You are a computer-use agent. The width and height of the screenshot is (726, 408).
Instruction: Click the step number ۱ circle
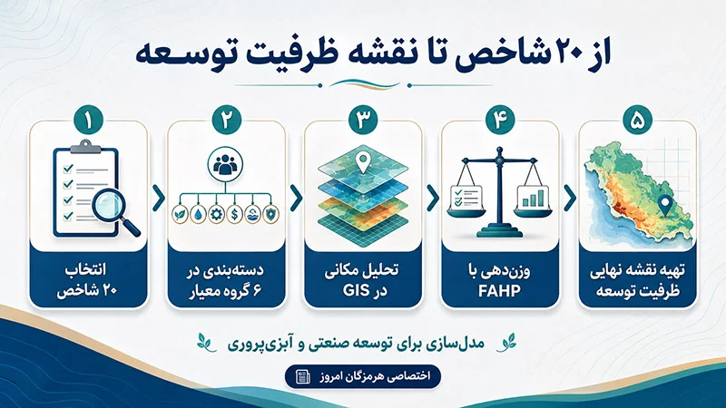point(88,120)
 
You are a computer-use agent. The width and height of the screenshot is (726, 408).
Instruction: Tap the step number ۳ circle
point(363,120)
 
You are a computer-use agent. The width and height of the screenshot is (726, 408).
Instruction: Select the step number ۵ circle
point(638,120)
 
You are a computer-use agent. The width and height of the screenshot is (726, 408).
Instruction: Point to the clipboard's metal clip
point(85,147)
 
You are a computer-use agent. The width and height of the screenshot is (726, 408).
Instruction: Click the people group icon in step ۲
point(225,164)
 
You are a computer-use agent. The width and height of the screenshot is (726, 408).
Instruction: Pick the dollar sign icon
point(235,214)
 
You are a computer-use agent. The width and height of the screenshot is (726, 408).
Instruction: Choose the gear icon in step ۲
point(216,214)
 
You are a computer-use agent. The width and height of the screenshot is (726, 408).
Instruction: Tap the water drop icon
point(198,214)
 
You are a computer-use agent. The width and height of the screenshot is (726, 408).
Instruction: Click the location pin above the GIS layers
point(363,162)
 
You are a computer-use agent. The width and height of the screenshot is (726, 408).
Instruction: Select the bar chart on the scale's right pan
point(533,197)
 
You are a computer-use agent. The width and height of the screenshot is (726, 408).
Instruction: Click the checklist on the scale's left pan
point(466,197)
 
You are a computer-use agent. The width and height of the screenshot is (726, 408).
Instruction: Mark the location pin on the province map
point(665,206)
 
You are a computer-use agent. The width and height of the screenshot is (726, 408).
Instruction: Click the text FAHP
point(500,291)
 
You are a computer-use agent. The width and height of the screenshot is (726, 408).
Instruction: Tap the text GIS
point(356,291)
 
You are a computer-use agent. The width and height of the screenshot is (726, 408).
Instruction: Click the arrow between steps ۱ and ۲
point(158,198)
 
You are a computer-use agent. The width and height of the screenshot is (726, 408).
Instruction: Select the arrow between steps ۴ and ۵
point(570,198)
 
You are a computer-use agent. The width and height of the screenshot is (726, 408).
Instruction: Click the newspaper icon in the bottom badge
point(303,376)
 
